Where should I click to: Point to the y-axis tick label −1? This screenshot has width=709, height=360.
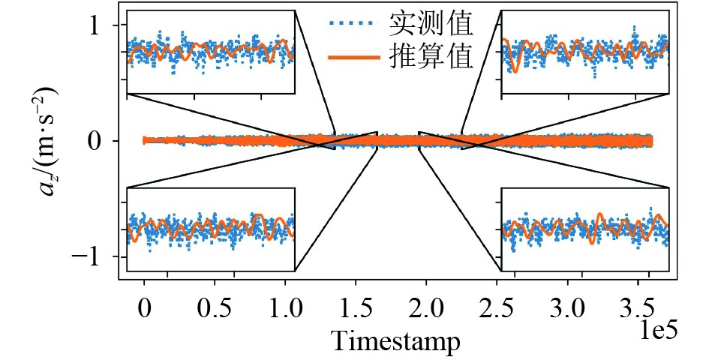click(x=91, y=256)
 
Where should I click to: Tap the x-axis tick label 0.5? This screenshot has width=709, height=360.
click(x=215, y=308)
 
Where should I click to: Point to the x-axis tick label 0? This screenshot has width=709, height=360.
click(x=144, y=308)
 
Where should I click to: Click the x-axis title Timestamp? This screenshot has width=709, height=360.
click(x=396, y=342)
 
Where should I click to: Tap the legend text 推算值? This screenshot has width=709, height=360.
click(x=431, y=57)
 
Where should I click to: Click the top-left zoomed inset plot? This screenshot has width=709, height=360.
click(x=211, y=52)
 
